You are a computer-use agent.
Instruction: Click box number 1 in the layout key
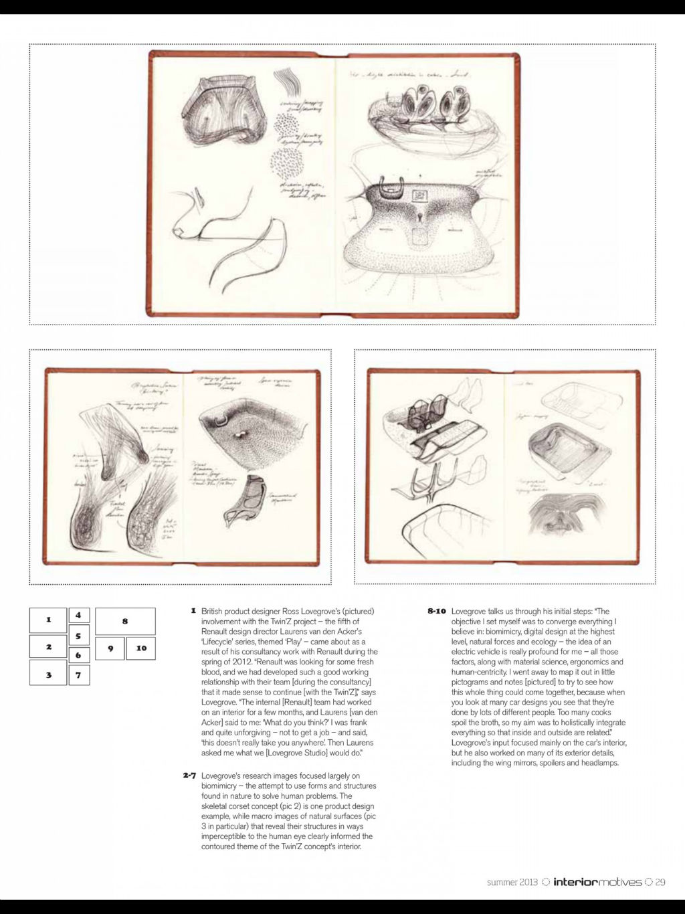48,620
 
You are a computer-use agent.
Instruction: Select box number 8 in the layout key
125,621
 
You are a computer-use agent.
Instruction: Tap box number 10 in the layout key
141,648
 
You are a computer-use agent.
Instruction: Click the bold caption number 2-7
189,776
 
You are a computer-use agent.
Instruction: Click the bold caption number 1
193,611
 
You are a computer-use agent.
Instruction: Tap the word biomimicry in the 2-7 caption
221,786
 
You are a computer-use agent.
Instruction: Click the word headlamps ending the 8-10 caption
600,763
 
